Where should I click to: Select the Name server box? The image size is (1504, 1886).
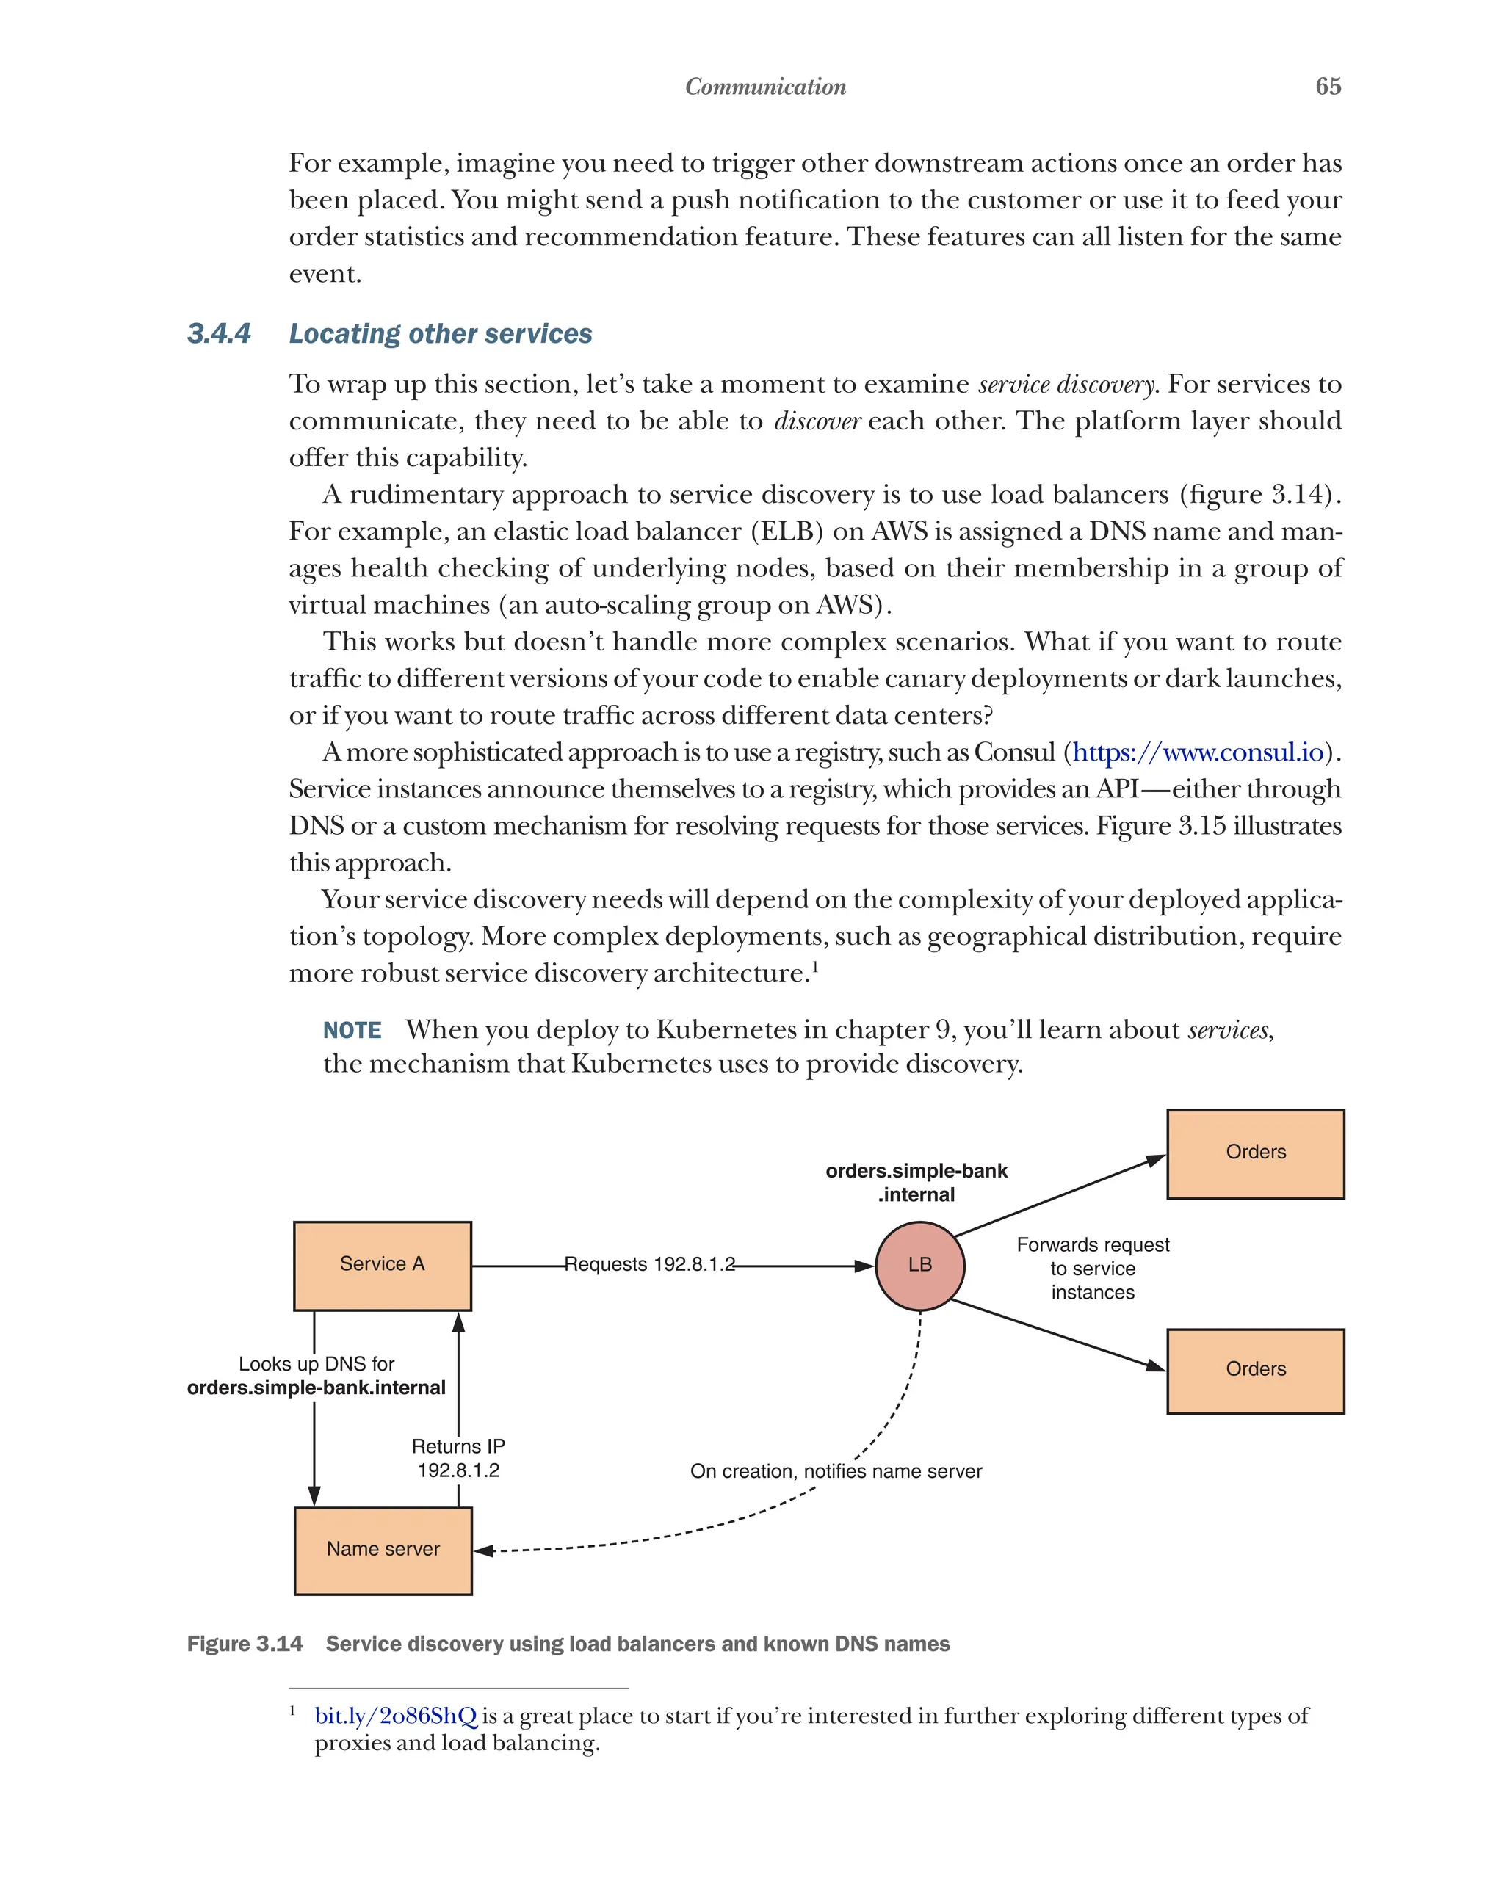(383, 1549)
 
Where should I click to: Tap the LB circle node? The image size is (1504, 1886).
(919, 1265)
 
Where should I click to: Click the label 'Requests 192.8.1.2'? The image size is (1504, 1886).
(649, 1265)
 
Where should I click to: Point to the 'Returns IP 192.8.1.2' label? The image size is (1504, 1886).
(458, 1458)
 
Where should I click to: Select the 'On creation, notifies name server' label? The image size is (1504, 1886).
(836, 1471)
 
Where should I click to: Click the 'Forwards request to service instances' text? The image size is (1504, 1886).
(1093, 1269)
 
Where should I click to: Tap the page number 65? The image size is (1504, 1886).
(1327, 87)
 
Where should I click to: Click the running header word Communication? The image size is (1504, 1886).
(765, 87)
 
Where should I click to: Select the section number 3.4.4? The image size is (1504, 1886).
(219, 333)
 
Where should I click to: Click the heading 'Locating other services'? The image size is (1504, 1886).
(440, 333)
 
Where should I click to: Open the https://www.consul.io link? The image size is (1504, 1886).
(1198, 752)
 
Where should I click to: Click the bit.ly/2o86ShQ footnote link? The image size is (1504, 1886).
(396, 1716)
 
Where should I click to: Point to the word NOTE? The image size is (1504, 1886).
(352, 1031)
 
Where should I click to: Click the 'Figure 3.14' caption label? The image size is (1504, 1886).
(245, 1644)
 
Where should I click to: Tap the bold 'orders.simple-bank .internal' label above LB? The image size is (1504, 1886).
(916, 1183)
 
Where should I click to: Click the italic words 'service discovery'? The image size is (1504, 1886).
(1067, 385)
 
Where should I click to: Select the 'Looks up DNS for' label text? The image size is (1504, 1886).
(316, 1364)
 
